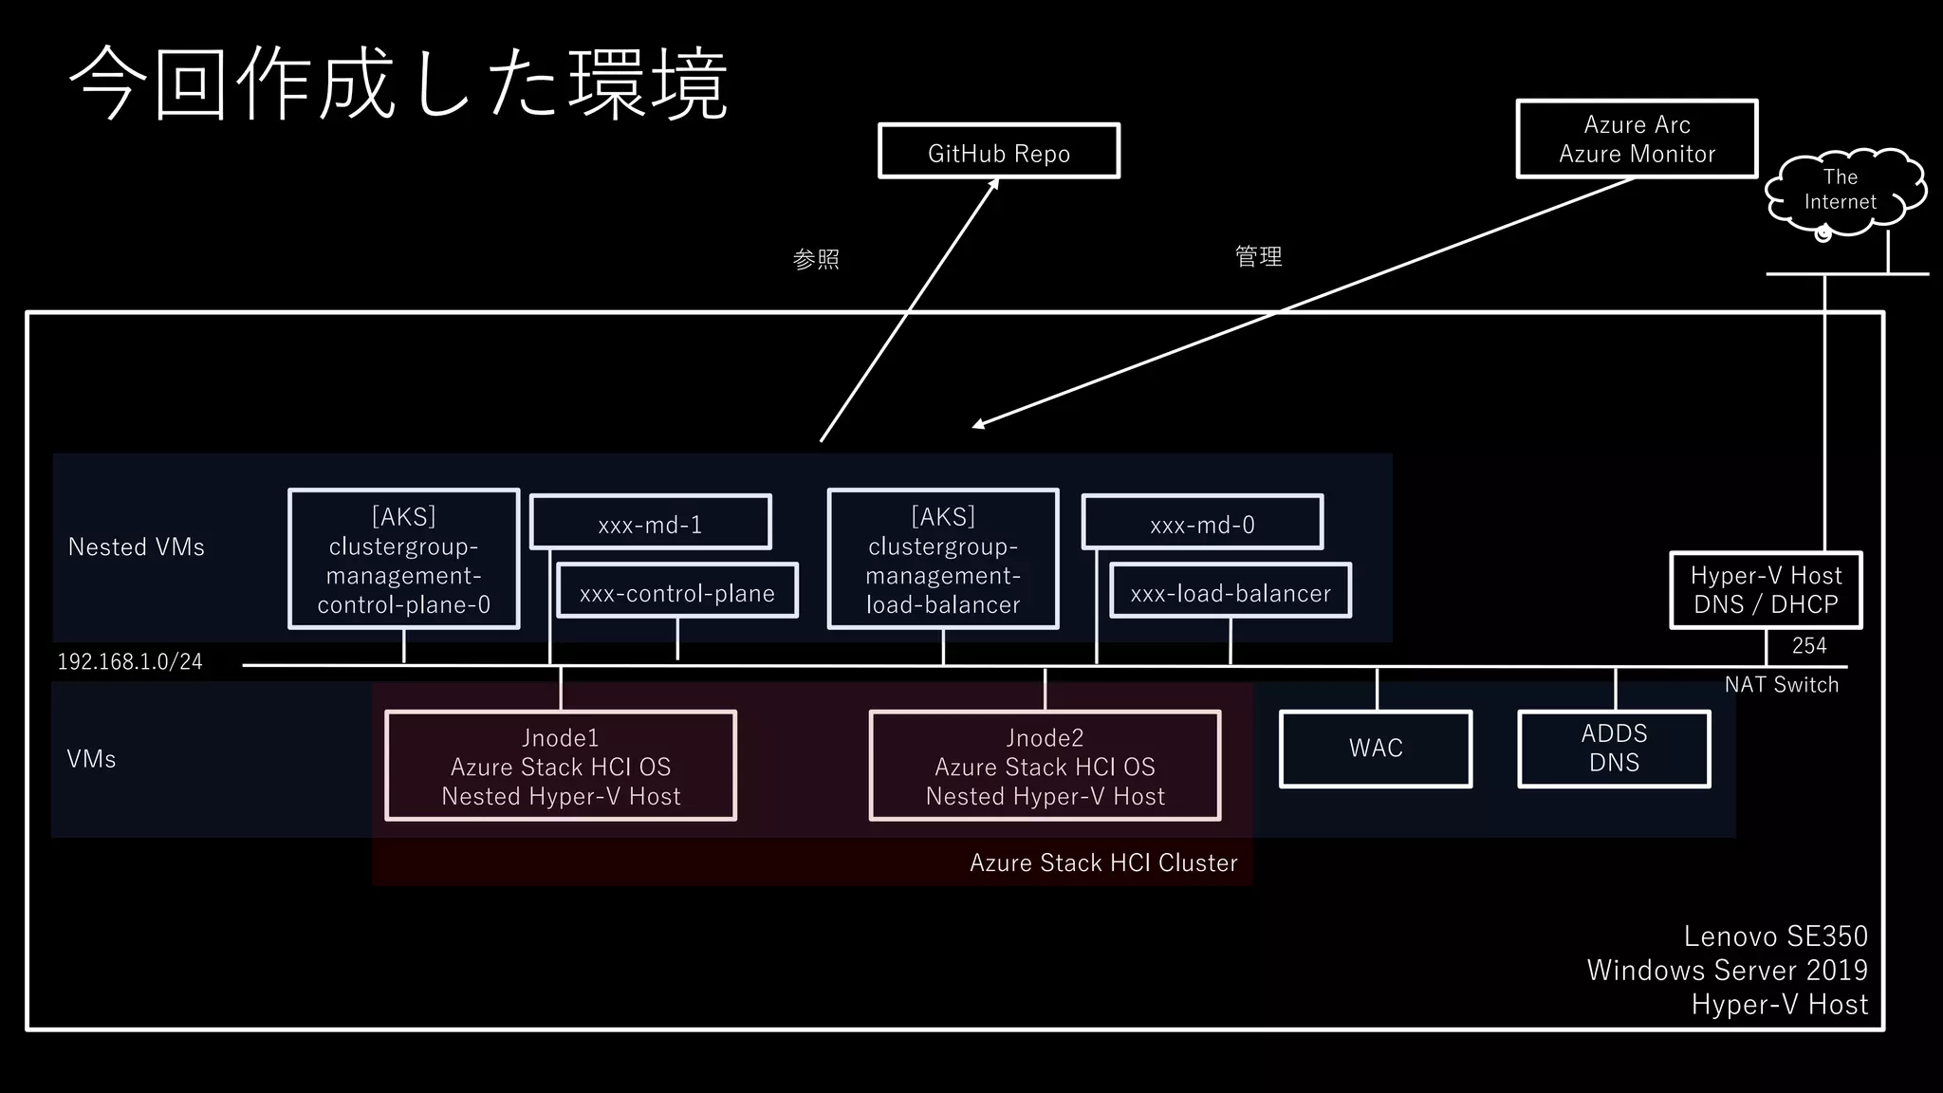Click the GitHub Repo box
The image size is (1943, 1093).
[x=998, y=151]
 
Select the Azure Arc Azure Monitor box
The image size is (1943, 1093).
[x=1637, y=139]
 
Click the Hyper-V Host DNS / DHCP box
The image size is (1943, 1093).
[x=1766, y=589]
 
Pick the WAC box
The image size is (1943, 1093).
[x=1376, y=749]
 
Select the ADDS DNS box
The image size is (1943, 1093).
[x=1614, y=749]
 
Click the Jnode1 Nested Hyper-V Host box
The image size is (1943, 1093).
[x=561, y=766]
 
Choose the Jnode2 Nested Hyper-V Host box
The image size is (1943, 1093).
[x=1045, y=766]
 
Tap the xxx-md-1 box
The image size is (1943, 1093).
[x=650, y=523]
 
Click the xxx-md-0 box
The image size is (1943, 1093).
[x=1202, y=523]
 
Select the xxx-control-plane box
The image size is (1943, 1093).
[x=677, y=591]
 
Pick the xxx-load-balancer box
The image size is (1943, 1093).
[x=1231, y=591]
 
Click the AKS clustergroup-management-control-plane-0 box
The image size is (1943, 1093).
[x=404, y=559]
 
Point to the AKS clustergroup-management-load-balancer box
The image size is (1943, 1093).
[x=942, y=559]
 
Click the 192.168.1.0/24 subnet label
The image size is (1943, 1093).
[x=130, y=661]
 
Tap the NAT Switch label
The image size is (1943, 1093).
[x=1781, y=685]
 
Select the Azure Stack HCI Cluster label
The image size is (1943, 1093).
[x=1103, y=862]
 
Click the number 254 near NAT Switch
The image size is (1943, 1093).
[x=1808, y=646]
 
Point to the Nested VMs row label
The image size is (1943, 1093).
[x=137, y=547]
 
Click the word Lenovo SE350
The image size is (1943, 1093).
[x=1775, y=936]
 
